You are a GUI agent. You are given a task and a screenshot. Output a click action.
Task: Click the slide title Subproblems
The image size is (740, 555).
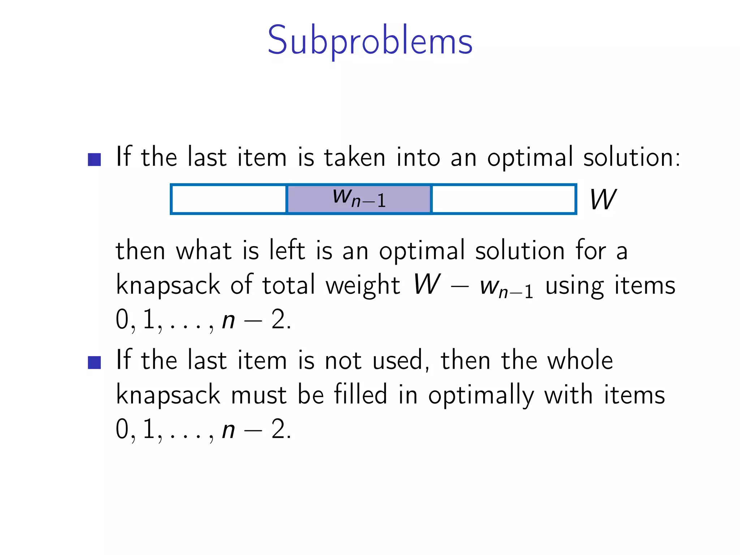[x=370, y=40]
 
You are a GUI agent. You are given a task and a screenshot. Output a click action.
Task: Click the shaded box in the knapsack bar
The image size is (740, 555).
[x=359, y=199]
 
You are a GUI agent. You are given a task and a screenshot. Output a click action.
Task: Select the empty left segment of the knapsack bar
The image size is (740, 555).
[x=229, y=199]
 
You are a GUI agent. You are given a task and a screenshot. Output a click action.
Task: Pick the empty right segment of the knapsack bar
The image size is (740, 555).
[x=503, y=199]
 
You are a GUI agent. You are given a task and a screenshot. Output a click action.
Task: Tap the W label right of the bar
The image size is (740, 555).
[x=603, y=199]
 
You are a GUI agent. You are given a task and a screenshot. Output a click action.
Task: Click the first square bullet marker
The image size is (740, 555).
[x=94, y=159]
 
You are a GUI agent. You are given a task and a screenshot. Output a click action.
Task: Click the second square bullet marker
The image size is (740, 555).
[x=94, y=362]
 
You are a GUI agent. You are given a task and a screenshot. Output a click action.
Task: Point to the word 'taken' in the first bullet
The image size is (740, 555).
[x=355, y=158]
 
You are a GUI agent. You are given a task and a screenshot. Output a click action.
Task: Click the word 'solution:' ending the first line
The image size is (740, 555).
[x=632, y=158]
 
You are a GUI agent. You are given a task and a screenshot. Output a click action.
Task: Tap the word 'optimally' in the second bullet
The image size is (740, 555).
[x=481, y=395]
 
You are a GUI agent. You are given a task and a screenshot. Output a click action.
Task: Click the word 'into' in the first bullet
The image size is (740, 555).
[x=418, y=158]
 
